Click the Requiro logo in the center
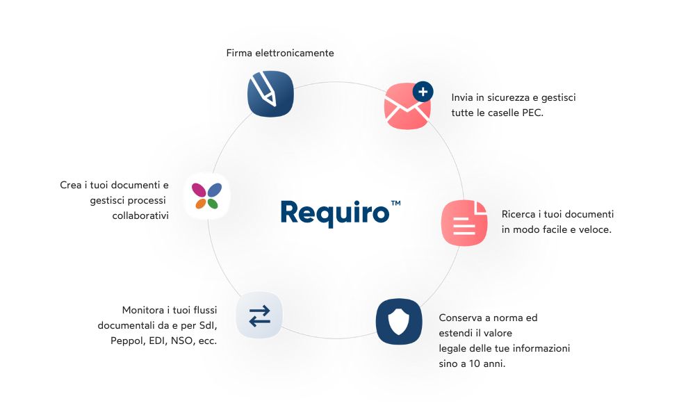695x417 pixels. [x=335, y=212]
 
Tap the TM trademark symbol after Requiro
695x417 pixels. [x=395, y=204]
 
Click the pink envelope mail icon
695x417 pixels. [x=407, y=108]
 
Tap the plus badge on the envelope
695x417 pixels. [x=423, y=91]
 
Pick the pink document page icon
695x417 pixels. [x=464, y=222]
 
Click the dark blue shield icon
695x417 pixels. [x=398, y=321]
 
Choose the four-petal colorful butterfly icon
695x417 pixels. [x=206, y=196]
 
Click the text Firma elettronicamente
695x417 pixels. [x=280, y=53]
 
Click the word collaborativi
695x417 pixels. [x=140, y=215]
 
